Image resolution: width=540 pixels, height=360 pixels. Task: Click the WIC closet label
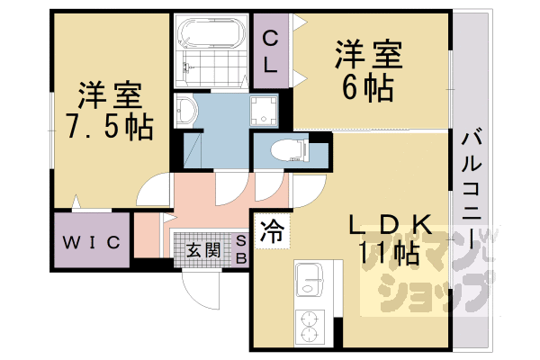point(91,241)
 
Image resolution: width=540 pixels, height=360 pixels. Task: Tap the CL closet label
point(272,51)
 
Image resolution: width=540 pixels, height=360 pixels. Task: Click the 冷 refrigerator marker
point(271,230)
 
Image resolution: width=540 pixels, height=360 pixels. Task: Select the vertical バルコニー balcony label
point(471,189)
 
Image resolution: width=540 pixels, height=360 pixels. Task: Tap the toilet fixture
point(283,148)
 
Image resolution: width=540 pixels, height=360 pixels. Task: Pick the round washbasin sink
point(186,112)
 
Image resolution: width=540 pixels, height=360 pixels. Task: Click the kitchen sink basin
point(310,278)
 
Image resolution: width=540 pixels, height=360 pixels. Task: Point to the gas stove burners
point(310,326)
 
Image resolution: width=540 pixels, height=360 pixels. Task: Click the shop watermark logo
point(423,270)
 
